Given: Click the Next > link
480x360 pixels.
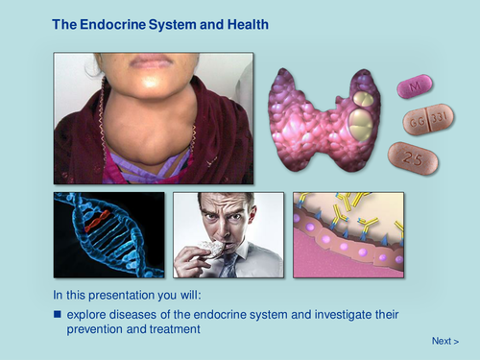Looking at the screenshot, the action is [445, 341].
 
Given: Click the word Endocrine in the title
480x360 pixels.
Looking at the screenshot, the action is [112, 25].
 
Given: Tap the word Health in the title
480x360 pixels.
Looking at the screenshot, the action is [248, 25].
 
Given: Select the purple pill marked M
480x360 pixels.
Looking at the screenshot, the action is [415, 86].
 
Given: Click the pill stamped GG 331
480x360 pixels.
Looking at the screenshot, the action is [428, 119].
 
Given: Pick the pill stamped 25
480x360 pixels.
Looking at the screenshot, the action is [413, 158].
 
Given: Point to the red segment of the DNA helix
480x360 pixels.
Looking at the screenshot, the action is [97, 220].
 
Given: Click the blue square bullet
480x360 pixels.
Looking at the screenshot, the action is [58, 314].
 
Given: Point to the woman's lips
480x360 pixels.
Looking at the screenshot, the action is [150, 60].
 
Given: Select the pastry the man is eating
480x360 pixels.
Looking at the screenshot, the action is [211, 249].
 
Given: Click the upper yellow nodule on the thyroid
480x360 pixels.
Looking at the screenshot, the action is [363, 99].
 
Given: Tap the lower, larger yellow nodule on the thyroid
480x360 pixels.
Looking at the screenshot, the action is [361, 125].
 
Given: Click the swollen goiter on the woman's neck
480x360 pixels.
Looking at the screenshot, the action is [148, 132].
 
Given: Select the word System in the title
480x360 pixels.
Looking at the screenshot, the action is [172, 25].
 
